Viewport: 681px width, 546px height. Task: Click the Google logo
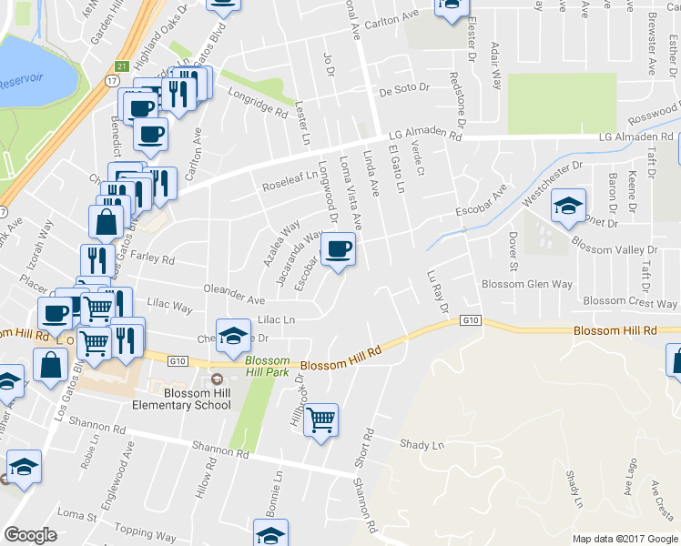[x=31, y=535]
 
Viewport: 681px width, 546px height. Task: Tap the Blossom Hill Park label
[x=267, y=366]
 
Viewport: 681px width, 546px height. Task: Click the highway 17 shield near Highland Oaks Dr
[x=111, y=81]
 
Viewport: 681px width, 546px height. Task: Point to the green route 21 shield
[x=121, y=66]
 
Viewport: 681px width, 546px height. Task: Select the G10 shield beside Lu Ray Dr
[x=470, y=320]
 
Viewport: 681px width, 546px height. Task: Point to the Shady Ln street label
[x=422, y=444]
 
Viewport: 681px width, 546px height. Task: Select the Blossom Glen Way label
[x=527, y=284]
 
